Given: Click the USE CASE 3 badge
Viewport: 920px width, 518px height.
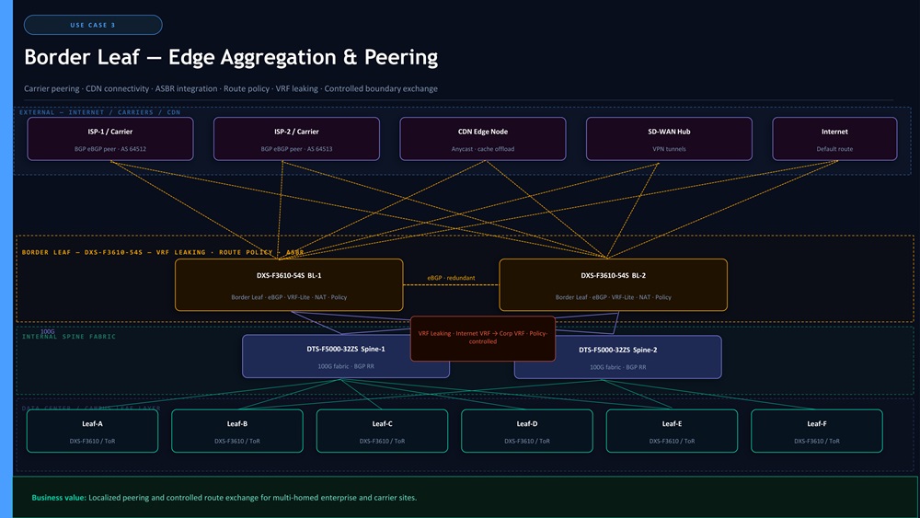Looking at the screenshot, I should [93, 25].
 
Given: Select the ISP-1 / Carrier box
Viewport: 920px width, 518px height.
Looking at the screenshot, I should [110, 139].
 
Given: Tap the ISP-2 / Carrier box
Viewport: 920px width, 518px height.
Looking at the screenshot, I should [296, 139].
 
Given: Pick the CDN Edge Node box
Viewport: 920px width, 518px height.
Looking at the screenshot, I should [482, 139].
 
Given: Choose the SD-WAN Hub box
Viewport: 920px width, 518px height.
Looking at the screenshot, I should [669, 139].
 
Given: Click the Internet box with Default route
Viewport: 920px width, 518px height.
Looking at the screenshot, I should [834, 139].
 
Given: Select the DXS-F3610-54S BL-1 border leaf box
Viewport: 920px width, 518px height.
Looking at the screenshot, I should [289, 284].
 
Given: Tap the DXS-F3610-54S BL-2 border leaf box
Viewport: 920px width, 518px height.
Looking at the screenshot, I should [613, 284].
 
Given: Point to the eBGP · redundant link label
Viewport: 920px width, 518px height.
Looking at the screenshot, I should [451, 277].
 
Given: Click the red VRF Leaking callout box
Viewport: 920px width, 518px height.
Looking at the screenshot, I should [483, 338].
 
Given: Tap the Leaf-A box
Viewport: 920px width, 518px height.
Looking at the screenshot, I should [92, 431].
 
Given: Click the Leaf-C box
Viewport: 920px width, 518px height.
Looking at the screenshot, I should [382, 431].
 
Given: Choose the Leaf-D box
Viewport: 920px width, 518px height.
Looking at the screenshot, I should [527, 431].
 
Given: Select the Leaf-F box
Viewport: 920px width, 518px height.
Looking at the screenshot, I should [816, 431].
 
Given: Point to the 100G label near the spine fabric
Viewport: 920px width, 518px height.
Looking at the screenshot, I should [47, 331].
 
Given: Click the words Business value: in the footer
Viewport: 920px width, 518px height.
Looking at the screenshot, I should [60, 498].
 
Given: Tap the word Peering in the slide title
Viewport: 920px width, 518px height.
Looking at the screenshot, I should [394, 57].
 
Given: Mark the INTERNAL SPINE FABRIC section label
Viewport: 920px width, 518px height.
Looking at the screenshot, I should [69, 337].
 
